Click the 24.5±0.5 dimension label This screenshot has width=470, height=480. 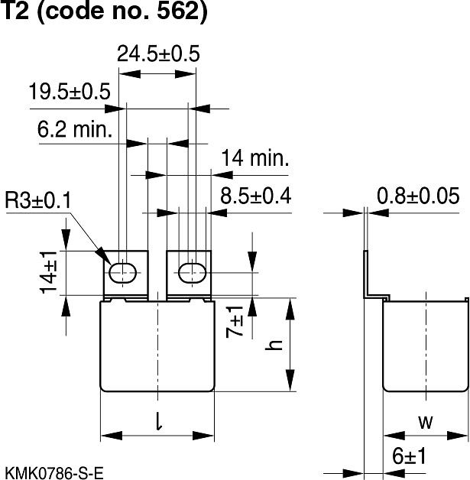coord(158,54)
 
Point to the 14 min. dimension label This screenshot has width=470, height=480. coord(255,159)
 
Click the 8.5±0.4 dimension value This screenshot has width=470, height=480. coord(256,196)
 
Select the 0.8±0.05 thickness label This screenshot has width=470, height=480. coord(422,196)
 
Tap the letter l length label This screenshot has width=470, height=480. coord(157,420)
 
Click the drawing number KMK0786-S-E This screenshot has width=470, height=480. coord(53,470)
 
